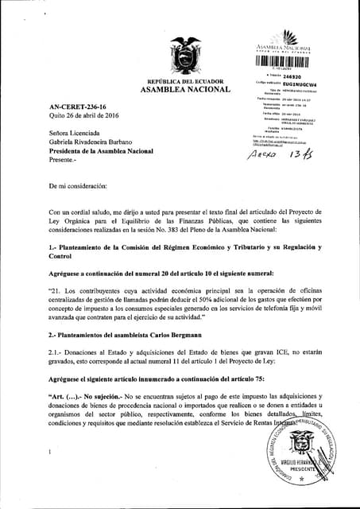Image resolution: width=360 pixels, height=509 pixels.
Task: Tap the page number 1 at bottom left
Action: click(x=49, y=452)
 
